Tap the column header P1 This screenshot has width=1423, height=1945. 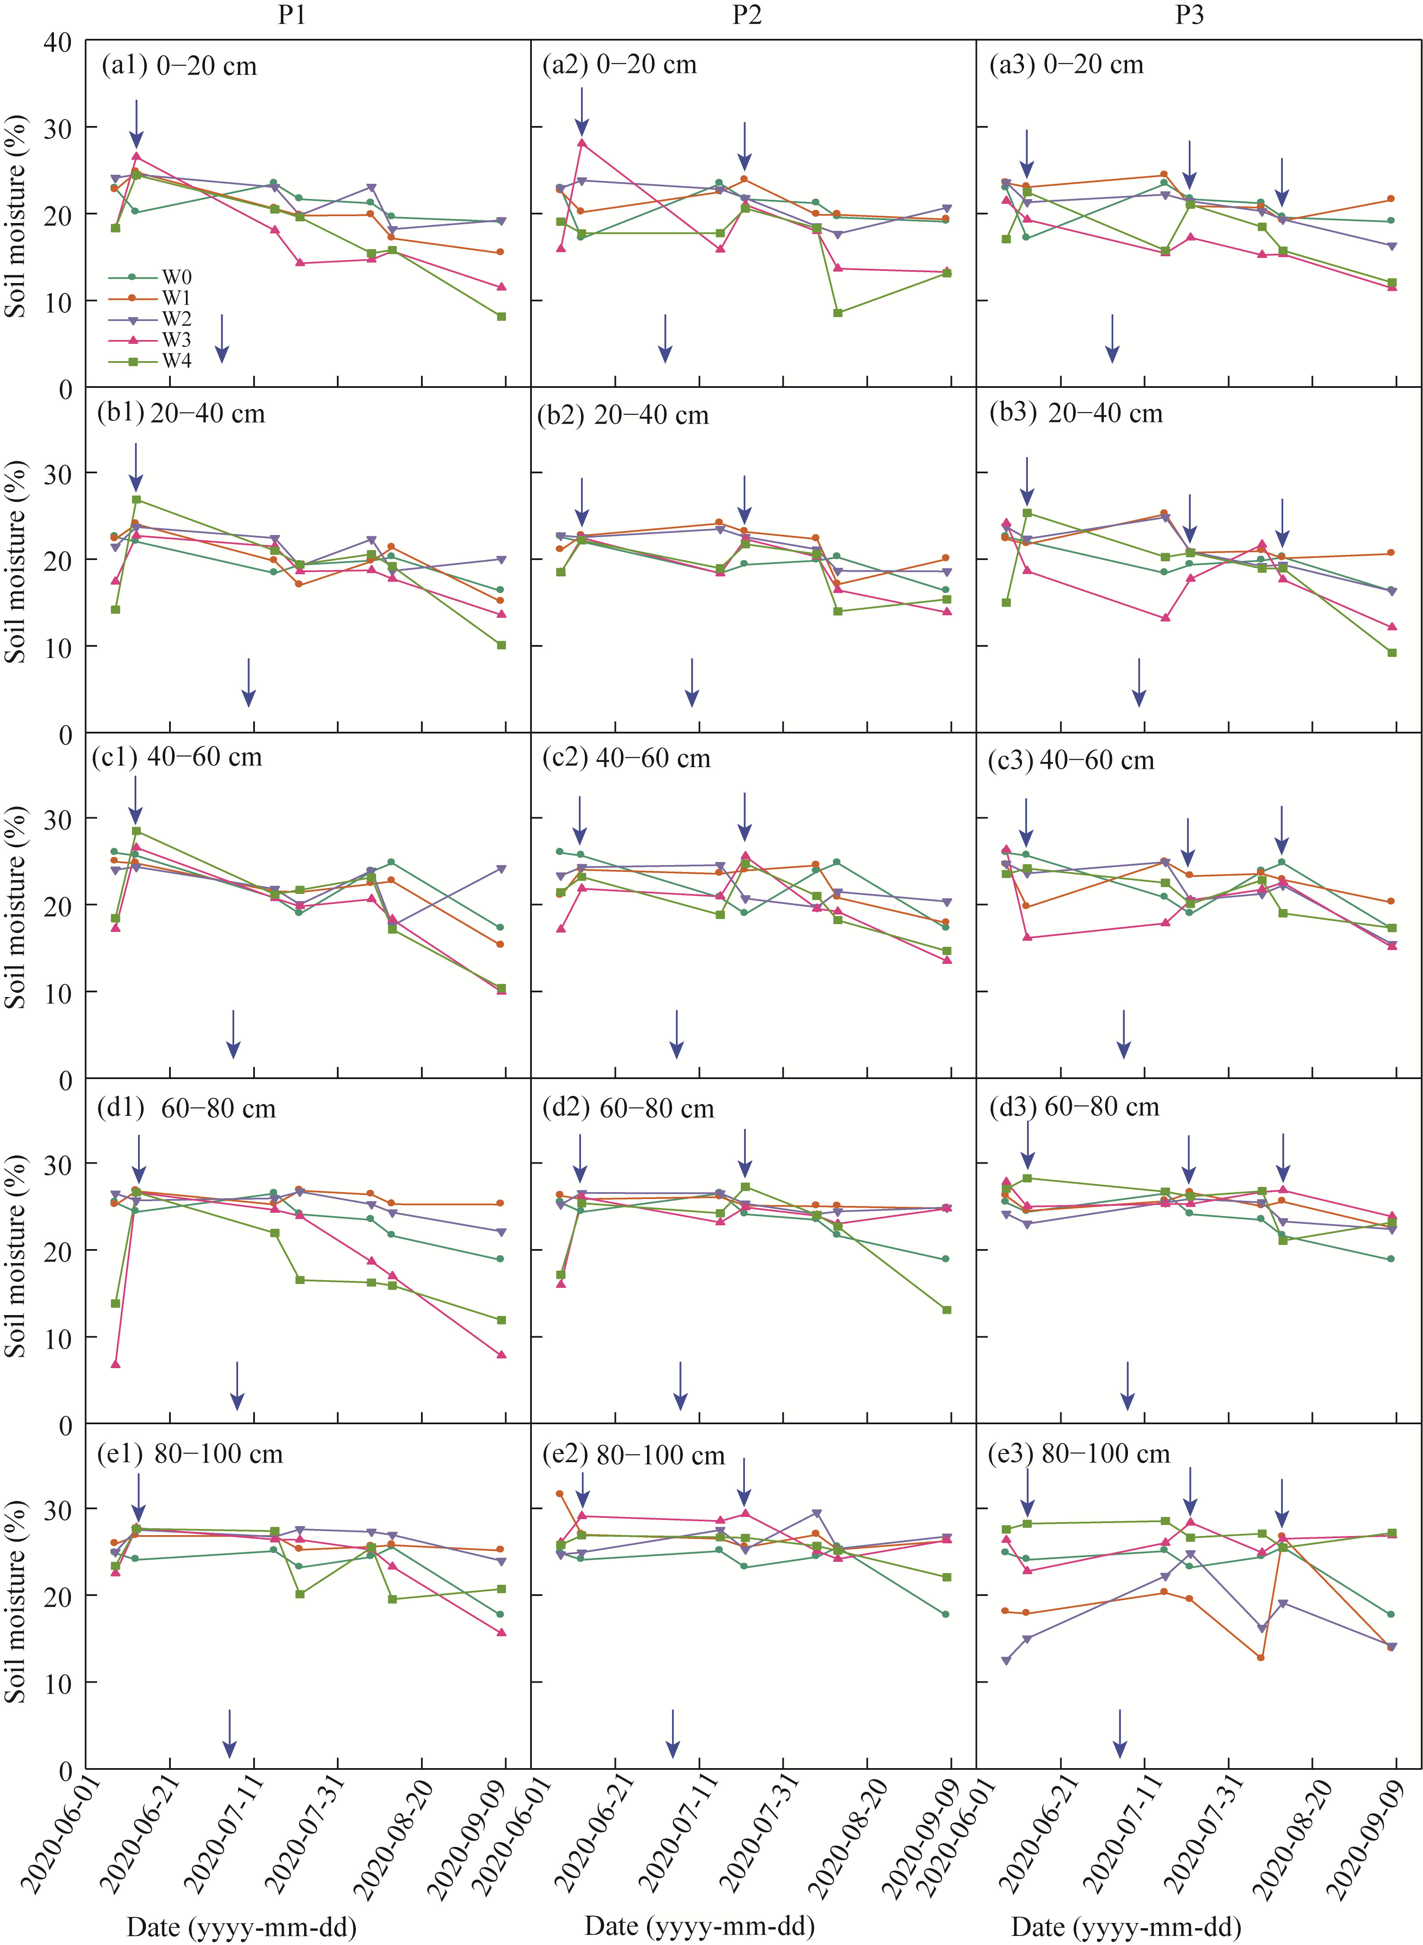[292, 15]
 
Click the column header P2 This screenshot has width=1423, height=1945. [747, 15]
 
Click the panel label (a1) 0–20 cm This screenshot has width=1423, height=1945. [179, 66]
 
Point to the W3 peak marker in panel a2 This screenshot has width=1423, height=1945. [582, 143]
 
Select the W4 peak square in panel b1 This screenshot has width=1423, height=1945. [136, 500]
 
